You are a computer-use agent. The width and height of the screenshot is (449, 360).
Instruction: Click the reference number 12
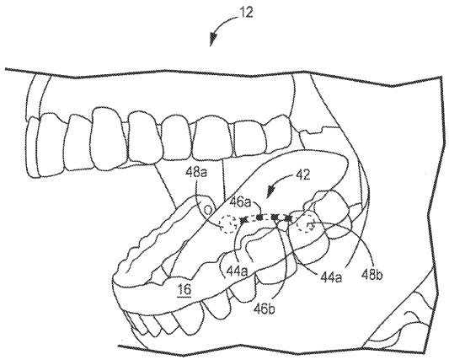(x=246, y=13)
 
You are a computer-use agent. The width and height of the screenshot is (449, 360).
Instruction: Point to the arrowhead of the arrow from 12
(x=212, y=40)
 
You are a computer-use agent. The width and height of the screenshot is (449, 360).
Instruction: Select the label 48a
(x=197, y=174)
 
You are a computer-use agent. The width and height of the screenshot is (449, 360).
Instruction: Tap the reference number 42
(x=302, y=175)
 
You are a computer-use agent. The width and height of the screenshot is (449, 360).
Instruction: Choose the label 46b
(x=265, y=309)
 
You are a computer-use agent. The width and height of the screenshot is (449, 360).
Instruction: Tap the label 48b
(x=371, y=275)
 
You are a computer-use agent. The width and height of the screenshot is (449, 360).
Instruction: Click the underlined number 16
(x=184, y=290)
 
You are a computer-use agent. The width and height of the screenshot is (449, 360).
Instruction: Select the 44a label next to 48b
(x=331, y=277)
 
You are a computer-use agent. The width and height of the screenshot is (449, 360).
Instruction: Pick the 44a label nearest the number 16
(x=238, y=271)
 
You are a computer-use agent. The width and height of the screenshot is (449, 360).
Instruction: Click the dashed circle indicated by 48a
(x=228, y=223)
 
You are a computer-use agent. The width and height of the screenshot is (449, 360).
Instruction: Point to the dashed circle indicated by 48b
(x=306, y=225)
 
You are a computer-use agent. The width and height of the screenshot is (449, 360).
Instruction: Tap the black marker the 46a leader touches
(x=259, y=218)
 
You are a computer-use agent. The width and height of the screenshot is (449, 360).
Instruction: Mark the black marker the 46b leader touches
(x=275, y=218)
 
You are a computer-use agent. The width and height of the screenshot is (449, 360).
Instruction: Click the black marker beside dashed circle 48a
(x=243, y=220)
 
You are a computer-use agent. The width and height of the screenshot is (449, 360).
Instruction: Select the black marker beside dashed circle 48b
(x=288, y=218)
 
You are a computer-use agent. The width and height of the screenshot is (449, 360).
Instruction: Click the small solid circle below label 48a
(x=208, y=210)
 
